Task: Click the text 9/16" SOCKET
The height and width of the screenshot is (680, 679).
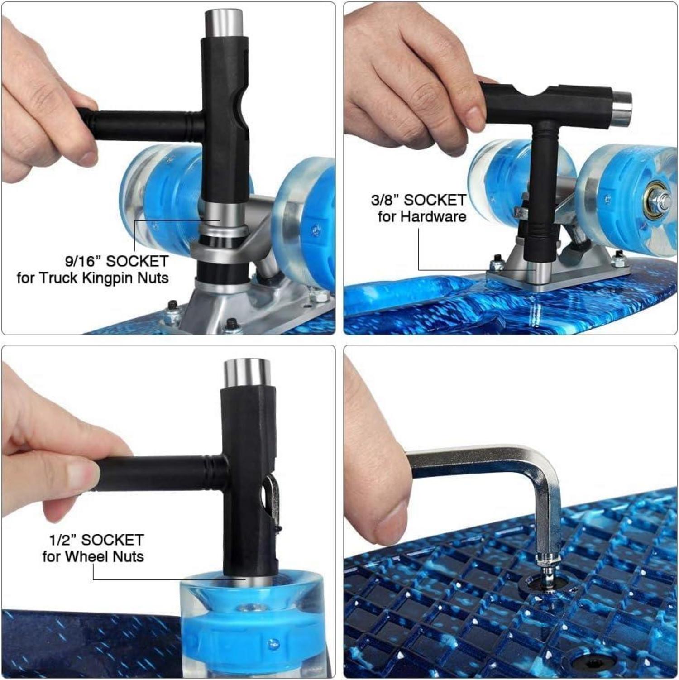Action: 116,261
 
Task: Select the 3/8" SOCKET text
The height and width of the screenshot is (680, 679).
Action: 418,200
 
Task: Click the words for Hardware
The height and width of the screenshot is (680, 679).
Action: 422,216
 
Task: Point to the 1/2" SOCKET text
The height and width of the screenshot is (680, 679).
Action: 96,540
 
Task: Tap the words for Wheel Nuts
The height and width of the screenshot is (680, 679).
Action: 93,556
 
